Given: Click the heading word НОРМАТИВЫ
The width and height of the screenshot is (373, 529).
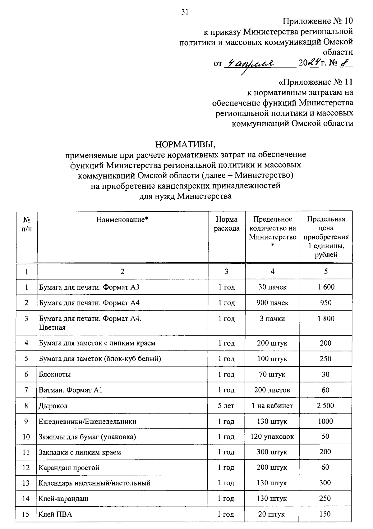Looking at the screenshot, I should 185,144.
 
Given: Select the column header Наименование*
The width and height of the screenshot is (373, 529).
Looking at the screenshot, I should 122,220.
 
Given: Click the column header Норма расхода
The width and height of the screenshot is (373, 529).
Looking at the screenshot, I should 227,224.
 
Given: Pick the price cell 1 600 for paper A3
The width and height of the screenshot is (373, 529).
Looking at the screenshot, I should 326,287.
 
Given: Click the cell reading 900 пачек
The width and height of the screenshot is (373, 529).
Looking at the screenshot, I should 272,303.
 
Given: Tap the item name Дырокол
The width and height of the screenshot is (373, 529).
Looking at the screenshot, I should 53,406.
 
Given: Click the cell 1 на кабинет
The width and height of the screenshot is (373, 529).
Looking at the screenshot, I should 272,406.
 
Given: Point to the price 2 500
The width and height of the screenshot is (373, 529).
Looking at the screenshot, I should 325,406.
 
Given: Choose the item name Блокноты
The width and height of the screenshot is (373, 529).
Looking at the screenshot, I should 55,374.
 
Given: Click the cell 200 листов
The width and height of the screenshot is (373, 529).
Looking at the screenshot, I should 272,390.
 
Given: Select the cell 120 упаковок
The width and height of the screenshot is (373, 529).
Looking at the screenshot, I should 272,437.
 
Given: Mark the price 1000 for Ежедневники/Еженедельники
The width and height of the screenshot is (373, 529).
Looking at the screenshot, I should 325,421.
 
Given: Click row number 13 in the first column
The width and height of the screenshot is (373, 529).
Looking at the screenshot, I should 26,483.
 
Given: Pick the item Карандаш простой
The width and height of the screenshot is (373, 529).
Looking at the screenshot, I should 69,468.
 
